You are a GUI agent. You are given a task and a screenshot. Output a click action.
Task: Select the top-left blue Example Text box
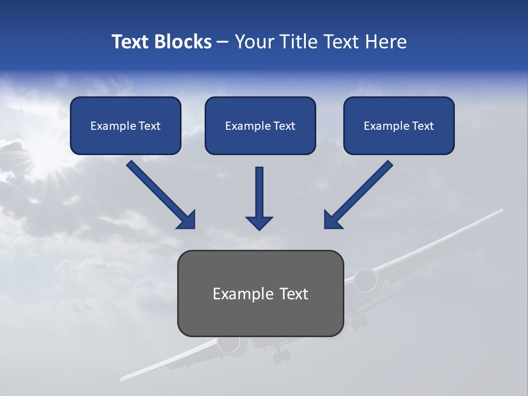125,125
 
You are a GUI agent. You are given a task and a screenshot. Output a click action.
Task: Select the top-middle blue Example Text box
260,125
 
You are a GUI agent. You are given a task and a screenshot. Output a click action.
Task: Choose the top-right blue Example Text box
399,125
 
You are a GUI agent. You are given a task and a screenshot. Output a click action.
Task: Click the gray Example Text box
260,293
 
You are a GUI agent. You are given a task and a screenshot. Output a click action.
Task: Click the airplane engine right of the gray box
364,281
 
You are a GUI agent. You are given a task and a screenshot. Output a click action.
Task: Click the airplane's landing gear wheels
281,356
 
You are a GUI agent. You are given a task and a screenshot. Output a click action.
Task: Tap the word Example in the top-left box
109,125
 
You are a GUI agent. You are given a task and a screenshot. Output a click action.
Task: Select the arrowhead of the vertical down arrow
259,222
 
